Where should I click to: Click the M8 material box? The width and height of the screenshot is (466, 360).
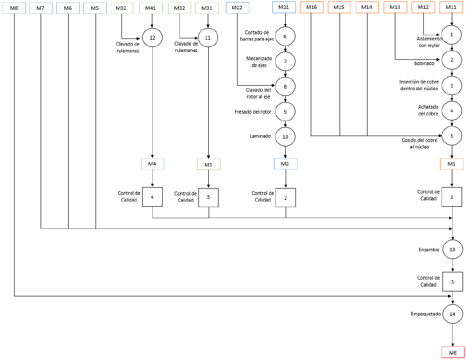(14, 8)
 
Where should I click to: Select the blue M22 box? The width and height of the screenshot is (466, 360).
(237, 8)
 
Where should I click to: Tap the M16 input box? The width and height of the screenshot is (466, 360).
(312, 7)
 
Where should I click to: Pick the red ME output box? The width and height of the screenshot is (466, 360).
(453, 353)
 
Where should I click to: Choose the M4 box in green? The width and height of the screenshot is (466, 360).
(152, 164)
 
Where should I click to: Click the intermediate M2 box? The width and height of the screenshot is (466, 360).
(285, 164)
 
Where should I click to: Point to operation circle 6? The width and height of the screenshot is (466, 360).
(285, 37)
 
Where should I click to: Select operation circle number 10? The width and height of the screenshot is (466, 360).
(285, 137)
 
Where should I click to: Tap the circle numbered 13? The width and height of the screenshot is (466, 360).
(452, 249)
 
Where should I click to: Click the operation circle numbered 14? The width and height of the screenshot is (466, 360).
(452, 314)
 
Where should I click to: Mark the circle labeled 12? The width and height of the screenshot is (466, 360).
(152, 38)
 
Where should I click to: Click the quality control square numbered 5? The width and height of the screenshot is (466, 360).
(453, 282)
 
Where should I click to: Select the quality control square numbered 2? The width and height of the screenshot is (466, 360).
(286, 197)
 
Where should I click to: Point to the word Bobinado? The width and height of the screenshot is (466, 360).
(424, 63)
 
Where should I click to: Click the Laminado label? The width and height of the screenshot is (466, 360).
(260, 136)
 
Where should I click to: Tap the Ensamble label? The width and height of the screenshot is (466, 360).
(429, 250)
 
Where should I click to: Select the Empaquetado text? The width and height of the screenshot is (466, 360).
(426, 313)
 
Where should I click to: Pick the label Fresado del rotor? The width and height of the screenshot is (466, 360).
(253, 112)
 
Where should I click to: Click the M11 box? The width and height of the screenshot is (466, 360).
(451, 7)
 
